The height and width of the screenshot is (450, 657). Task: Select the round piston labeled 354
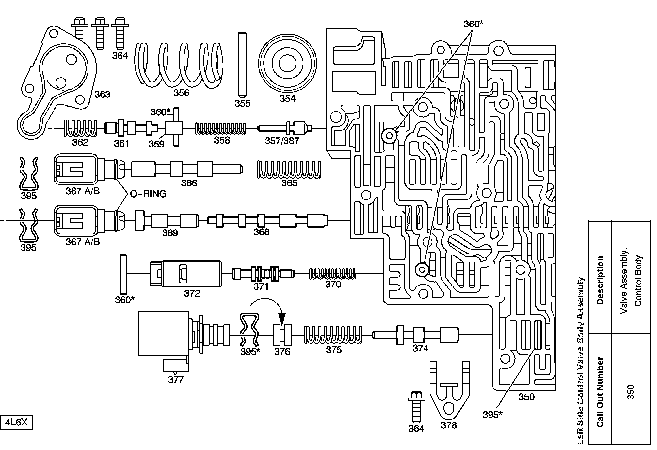tap(288, 63)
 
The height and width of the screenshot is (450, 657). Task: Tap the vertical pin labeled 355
tap(242, 64)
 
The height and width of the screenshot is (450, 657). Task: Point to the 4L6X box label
tap(17, 423)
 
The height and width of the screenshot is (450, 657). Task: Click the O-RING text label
tap(148, 194)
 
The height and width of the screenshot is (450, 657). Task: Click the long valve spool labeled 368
tap(268, 220)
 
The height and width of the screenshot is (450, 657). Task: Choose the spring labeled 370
tap(332, 274)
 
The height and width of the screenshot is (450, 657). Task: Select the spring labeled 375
tap(333, 335)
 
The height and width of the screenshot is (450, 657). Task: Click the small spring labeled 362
tap(80, 128)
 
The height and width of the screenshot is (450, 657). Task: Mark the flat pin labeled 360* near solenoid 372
tap(123, 274)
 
